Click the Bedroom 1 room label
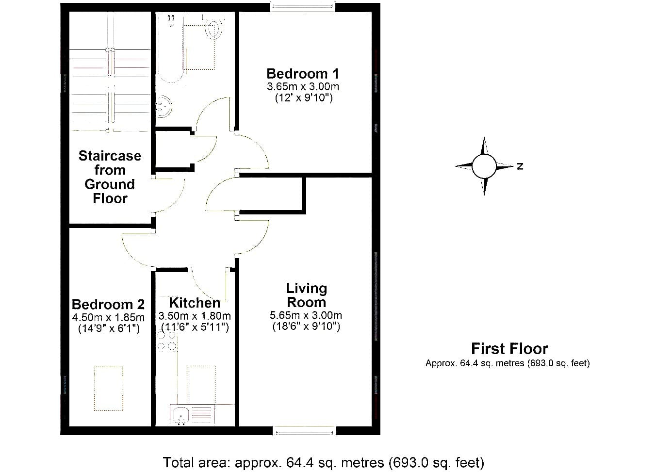pos(303,74)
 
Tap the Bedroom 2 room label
pos(108,305)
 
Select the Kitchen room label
pos(195,303)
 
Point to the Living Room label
pos(306,295)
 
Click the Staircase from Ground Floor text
pos(110,177)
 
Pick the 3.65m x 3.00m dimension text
pos(303,86)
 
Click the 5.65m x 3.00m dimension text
pos(306,315)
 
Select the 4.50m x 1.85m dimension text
pos(108,317)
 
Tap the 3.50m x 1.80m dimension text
pos(195,316)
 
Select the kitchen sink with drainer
pos(192,415)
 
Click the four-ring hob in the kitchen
pos(167,341)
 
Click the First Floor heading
pos(509,349)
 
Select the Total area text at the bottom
pos(323,463)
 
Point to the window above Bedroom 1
pos(303,7)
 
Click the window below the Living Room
pos(304,431)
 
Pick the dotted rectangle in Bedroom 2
pos(109,389)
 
